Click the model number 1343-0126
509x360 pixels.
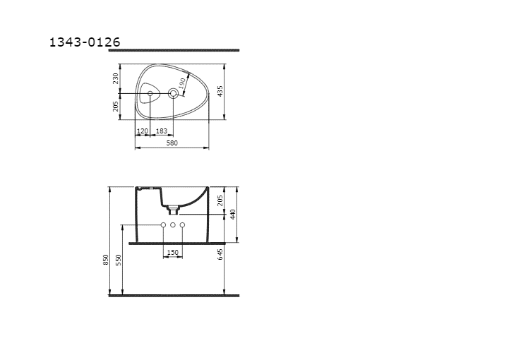[85, 42]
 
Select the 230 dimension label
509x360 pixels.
[116, 78]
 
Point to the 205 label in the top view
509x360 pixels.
[116, 106]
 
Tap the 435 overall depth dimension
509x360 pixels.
[220, 91]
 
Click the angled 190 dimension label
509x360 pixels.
[182, 83]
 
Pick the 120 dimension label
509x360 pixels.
[143, 131]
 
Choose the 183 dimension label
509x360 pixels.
[162, 131]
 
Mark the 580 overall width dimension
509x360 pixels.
[172, 143]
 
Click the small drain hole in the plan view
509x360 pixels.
[150, 93]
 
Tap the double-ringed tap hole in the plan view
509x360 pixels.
[173, 93]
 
